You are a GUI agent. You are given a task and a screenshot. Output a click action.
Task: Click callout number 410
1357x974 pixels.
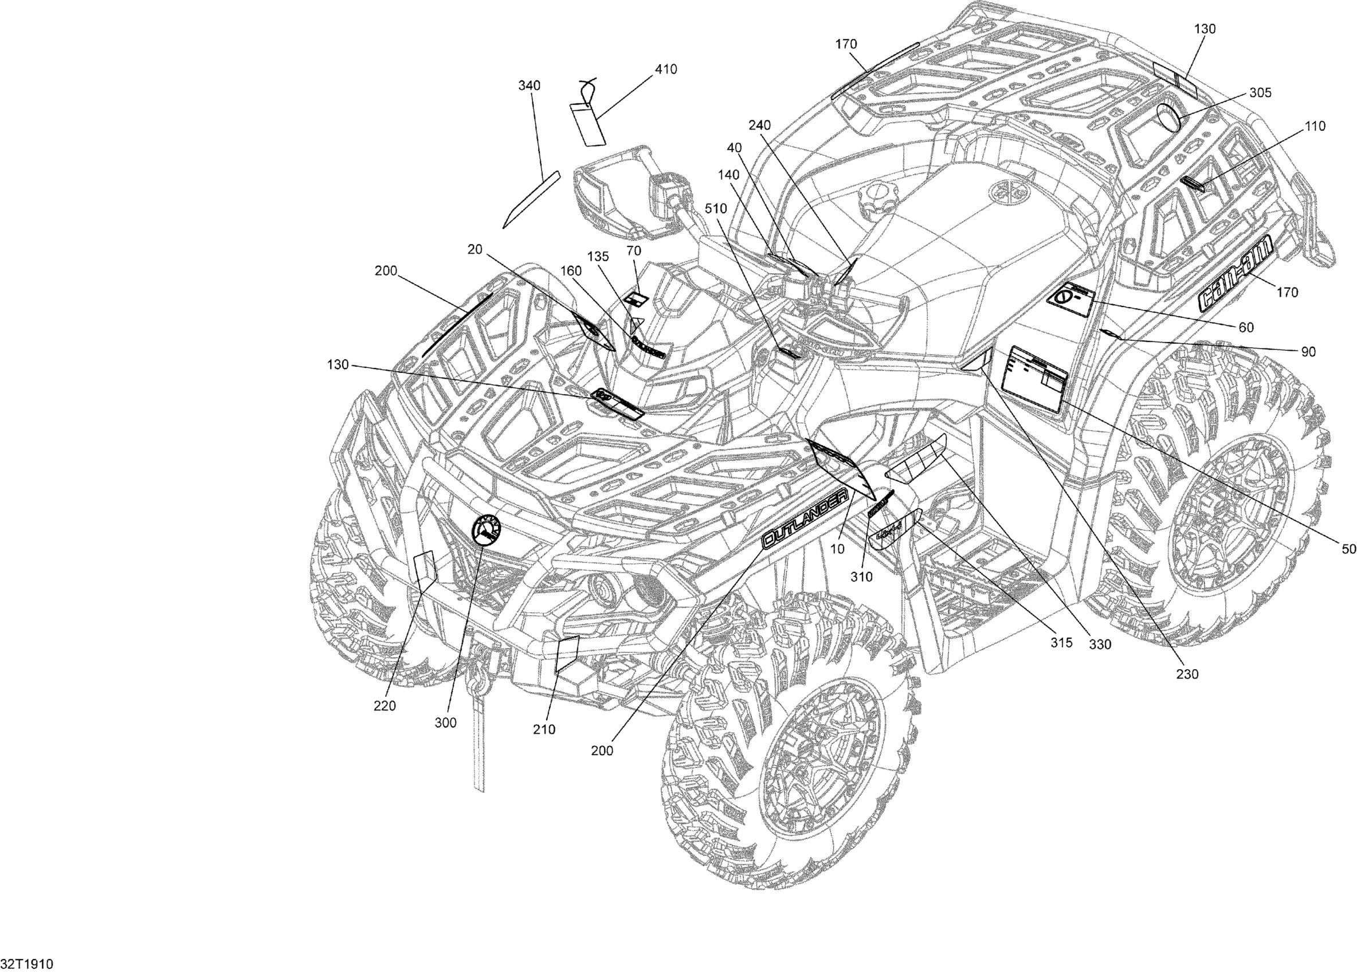pyautogui.click(x=665, y=69)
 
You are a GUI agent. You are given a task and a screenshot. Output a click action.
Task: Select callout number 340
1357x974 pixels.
pyautogui.click(x=529, y=86)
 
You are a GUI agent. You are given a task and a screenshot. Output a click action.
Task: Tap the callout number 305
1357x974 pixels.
pyautogui.click(x=1260, y=93)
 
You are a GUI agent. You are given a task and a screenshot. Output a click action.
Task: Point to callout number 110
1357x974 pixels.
pyautogui.click(x=1315, y=126)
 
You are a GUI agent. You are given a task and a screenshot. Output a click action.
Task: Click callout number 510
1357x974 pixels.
pyautogui.click(x=716, y=209)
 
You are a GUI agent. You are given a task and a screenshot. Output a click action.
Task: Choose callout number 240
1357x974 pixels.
pyautogui.click(x=759, y=125)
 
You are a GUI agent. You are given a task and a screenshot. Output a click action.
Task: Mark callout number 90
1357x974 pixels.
pyautogui.click(x=1308, y=352)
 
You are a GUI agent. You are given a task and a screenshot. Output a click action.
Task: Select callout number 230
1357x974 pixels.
pyautogui.click(x=1187, y=674)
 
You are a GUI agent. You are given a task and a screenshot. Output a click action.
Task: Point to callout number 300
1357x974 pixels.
pyautogui.click(x=445, y=722)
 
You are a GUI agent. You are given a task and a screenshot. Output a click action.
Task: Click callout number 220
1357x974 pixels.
pyautogui.click(x=384, y=706)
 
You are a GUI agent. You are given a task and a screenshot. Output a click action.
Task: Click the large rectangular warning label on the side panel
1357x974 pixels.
pyautogui.click(x=1036, y=379)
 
